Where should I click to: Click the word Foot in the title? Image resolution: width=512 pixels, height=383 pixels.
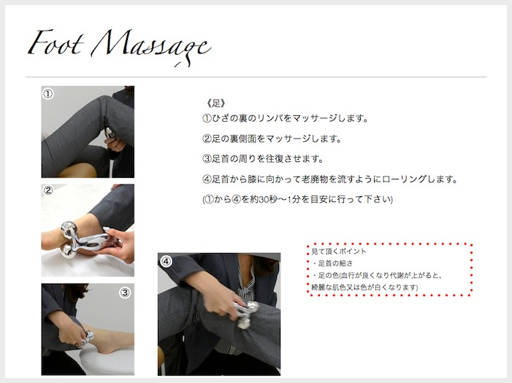[56, 43]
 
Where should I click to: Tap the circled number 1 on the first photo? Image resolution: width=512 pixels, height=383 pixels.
[47, 94]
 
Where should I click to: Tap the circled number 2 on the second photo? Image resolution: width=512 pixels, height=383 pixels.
[48, 190]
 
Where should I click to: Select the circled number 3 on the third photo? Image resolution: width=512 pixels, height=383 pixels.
[125, 293]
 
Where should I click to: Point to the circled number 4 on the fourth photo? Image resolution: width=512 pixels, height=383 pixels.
[167, 261]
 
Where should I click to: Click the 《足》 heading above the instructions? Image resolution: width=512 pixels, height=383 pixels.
[215, 104]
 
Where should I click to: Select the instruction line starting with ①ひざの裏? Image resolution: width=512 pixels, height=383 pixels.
[286, 118]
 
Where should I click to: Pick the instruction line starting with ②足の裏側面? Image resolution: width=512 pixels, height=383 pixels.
[272, 139]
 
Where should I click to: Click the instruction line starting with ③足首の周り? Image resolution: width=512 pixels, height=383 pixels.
[263, 159]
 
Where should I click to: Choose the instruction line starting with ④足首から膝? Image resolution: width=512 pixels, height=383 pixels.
[330, 179]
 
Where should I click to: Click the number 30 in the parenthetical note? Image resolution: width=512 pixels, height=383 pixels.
[264, 199]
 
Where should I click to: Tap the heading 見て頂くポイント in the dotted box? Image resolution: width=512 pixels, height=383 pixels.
[339, 251]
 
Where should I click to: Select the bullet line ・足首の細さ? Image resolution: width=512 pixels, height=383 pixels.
[332, 263]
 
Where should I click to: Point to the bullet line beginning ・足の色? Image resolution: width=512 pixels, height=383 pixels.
[377, 275]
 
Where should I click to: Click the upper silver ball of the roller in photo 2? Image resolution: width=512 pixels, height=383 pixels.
[69, 228]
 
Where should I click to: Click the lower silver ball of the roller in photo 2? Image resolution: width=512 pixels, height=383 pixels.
[67, 252]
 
